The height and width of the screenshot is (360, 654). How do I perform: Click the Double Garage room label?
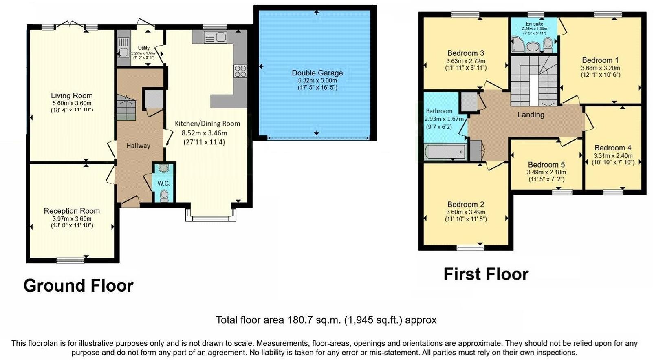(x=317, y=73)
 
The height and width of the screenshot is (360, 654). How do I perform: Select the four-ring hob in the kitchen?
(x=240, y=71)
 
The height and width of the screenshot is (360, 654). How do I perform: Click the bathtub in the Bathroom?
(x=445, y=152)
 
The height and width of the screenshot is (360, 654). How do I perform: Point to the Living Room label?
(x=72, y=96)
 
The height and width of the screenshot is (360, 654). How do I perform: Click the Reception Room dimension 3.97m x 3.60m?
(x=72, y=219)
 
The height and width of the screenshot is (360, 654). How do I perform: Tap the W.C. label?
(x=163, y=183)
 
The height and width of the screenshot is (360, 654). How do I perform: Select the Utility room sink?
(x=122, y=52)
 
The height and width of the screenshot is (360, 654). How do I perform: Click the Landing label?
(x=531, y=115)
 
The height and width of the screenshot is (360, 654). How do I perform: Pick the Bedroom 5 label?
(x=546, y=165)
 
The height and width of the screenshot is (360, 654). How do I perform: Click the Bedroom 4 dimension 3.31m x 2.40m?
(x=613, y=155)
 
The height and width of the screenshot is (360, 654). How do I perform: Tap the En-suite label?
(x=534, y=24)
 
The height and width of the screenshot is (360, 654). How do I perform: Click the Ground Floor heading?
(x=78, y=286)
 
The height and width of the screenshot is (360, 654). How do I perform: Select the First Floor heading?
(x=486, y=274)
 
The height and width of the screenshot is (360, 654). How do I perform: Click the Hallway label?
(x=138, y=146)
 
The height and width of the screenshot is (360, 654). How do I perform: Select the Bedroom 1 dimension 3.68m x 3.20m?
(x=600, y=68)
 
